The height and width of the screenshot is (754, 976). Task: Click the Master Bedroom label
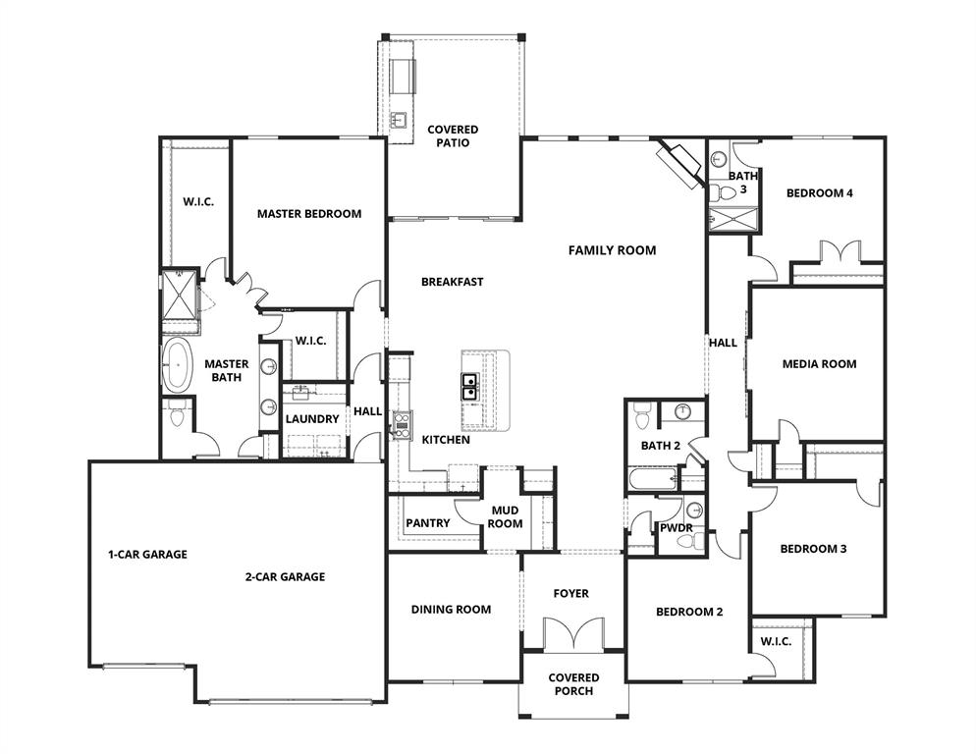309,213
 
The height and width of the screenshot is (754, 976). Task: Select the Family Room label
612,250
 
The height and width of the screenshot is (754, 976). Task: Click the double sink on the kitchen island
468,385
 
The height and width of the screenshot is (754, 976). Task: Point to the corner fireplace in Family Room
679,160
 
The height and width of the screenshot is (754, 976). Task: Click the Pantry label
427,523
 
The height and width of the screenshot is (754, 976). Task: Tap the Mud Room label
506,516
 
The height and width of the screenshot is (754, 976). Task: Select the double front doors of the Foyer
571,633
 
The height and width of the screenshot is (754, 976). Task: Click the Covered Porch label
573,684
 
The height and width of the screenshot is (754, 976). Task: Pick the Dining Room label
451,610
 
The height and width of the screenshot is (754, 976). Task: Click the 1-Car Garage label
147,554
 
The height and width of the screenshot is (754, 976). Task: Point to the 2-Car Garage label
285,577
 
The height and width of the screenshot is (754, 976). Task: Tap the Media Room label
819,364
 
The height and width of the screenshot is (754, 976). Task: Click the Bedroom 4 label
819,193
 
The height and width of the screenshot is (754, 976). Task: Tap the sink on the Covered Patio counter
400,121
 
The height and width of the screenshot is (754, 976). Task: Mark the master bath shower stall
180,294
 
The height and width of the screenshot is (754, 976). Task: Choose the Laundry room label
312,419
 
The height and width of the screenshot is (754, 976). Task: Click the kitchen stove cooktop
400,424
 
